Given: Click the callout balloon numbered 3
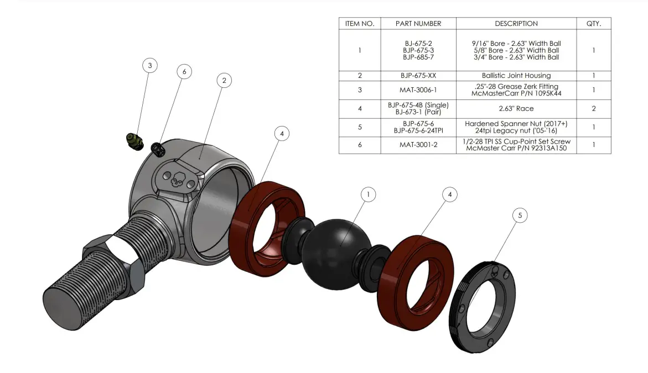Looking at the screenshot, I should [x=149, y=65].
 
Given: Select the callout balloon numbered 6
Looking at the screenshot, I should [x=184, y=71].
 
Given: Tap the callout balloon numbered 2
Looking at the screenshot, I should [x=224, y=80].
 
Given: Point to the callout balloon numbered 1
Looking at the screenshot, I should [x=368, y=194].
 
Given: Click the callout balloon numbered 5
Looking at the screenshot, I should [x=520, y=216].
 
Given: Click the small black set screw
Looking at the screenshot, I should [x=157, y=148].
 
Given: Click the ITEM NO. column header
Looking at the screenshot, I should [x=360, y=24].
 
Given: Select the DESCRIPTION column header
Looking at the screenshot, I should [x=516, y=24].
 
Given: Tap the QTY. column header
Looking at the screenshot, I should [x=594, y=24].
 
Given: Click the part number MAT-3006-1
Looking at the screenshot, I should [x=418, y=90].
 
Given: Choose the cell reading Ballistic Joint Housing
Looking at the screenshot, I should [x=516, y=76].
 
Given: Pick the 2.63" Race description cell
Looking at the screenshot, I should [x=516, y=109].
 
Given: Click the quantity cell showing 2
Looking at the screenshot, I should [x=594, y=109].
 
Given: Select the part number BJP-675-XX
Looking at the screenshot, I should [x=418, y=76].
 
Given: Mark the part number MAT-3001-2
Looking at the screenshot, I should [x=418, y=145].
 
